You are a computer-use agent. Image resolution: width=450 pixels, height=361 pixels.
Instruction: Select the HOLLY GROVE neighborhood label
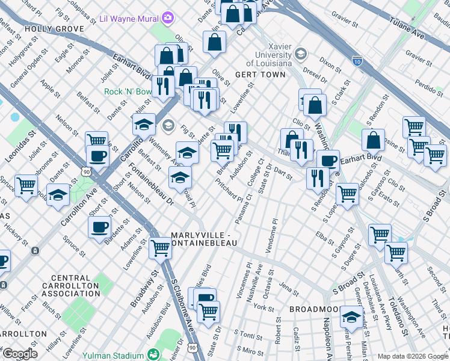[x=49, y=28]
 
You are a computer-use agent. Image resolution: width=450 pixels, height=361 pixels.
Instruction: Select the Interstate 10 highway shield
[x=357, y=61]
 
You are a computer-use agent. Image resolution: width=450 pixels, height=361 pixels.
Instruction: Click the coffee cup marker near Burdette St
[x=100, y=227]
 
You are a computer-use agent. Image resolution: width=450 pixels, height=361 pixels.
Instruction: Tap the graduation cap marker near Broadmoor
[x=351, y=315]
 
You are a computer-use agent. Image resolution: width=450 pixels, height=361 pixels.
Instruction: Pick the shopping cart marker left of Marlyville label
[x=160, y=246]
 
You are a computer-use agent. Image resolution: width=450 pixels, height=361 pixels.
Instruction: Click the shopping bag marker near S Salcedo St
[x=373, y=140]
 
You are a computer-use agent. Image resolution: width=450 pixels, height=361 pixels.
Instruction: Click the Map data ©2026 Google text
[x=413, y=356]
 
